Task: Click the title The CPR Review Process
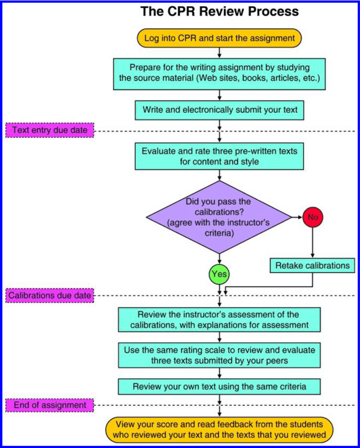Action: [x=219, y=11]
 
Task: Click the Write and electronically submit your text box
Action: [x=219, y=110]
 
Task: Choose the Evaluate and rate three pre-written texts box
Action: [x=219, y=155]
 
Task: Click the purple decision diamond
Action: [x=219, y=216]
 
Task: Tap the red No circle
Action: [x=313, y=216]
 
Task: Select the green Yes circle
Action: [x=219, y=275]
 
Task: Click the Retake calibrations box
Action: [x=313, y=265]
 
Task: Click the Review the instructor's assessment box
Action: [x=219, y=319]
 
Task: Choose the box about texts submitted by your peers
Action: [x=219, y=355]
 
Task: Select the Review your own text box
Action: [x=219, y=386]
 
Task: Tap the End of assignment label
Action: [x=47, y=405]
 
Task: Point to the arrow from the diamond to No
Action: [x=297, y=216]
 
